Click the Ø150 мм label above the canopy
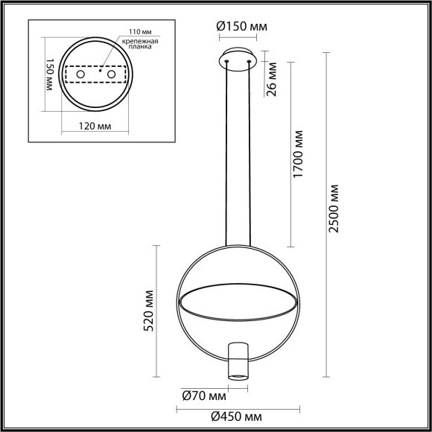tap(241, 28)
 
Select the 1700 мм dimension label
tap(299, 153)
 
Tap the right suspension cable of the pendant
tap(250, 149)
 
